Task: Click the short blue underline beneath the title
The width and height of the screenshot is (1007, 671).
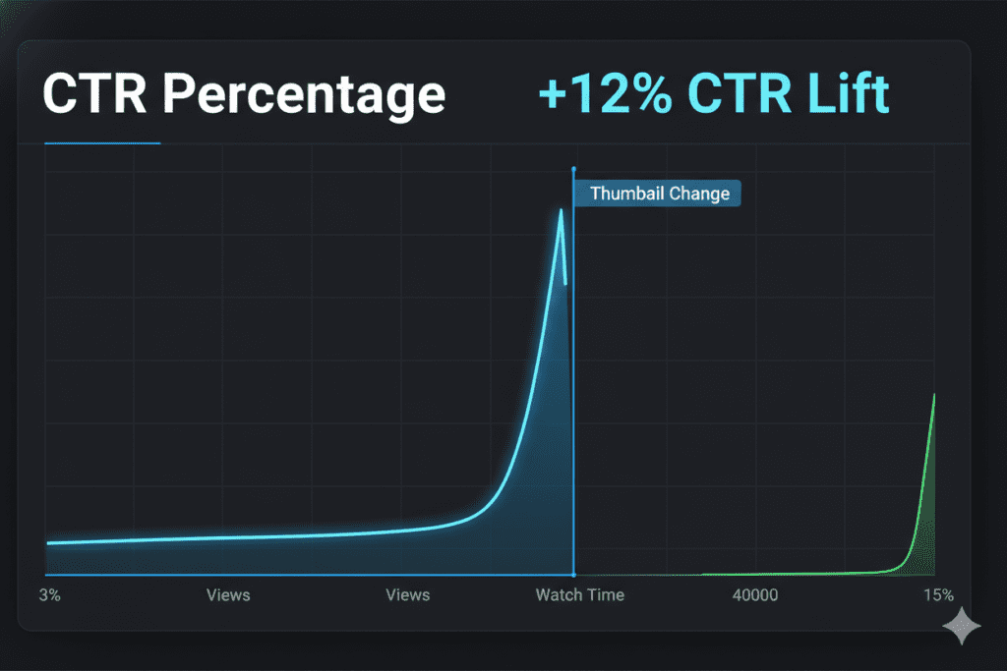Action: click(x=102, y=143)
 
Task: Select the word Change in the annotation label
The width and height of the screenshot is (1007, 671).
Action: click(x=698, y=194)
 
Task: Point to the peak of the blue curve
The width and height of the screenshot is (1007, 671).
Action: click(x=562, y=210)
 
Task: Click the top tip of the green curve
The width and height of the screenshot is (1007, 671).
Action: click(x=933, y=394)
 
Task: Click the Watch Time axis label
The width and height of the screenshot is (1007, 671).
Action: click(x=579, y=595)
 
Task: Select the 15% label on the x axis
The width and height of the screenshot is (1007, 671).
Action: click(x=938, y=595)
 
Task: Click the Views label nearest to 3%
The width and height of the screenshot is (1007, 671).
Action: click(x=228, y=595)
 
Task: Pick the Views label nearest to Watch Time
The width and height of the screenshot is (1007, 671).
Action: click(x=407, y=595)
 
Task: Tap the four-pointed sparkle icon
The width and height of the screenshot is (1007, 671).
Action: click(x=961, y=626)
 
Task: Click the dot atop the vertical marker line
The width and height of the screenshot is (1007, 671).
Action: click(x=573, y=170)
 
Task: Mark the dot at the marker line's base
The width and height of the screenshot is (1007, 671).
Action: click(x=573, y=575)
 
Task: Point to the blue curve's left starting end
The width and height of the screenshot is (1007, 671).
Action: click(x=48, y=542)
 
